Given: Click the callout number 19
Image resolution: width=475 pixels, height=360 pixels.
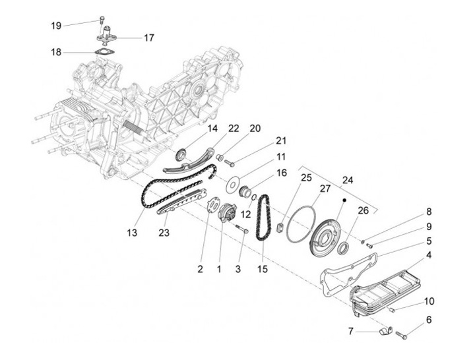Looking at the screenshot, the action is coord(56,26).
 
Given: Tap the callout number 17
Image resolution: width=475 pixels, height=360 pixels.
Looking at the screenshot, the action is coord(148,38).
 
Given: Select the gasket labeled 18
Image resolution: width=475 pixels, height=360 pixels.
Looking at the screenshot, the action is coord(104,52).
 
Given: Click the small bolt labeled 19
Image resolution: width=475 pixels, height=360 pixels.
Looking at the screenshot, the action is coord(102,20).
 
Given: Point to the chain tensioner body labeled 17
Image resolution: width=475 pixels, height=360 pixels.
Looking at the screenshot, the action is coord(107,36).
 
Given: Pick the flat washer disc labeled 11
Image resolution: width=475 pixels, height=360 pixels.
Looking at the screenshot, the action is coord(233,184).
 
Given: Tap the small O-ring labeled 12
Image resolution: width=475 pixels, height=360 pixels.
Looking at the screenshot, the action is coord(254,197).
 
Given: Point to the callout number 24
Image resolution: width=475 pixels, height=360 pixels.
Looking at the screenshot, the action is coord(348,180).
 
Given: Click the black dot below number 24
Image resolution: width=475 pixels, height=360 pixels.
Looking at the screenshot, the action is coord(344,200).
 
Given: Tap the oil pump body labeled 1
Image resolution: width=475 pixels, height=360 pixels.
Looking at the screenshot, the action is coord(227,213).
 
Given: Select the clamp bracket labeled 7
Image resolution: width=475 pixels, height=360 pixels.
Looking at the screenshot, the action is coord(385,330).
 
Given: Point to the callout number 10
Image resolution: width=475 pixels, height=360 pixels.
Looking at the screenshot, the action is coord(429,301).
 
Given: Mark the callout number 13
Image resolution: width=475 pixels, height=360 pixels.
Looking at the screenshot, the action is coord(132,233).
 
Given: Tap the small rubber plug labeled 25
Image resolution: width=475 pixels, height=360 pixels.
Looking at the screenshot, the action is coord(280,227).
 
